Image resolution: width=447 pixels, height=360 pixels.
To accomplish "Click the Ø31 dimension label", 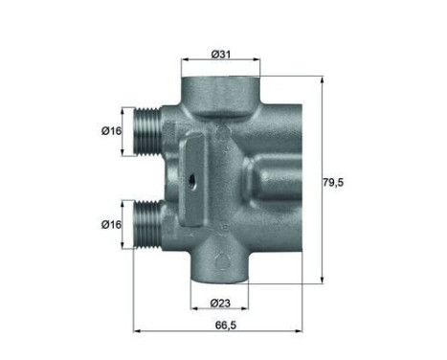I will pos(221,54).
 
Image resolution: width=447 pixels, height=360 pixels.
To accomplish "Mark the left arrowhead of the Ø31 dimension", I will pos(185,65).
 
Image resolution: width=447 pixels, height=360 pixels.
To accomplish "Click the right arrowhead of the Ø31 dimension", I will pos(257,65).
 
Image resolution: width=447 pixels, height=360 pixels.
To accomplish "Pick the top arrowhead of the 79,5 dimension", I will pos(324,79).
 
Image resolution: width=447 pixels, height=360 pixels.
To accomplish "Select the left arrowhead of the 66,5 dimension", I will pos(134,330).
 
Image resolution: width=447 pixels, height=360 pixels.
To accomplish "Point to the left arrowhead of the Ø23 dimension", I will pos(195,314).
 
